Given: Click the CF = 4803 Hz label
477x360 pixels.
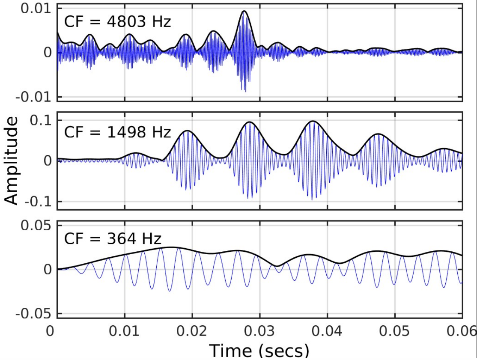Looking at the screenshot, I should coord(117,21).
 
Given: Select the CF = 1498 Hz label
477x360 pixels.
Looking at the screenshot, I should coord(117,131).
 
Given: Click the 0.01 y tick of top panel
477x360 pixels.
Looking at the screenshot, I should coord(37,9).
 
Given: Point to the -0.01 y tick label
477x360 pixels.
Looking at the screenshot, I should coord(35,96).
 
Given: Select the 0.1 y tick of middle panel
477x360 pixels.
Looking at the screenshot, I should coord(40,120).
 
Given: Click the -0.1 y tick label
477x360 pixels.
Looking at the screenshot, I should coord(38,201).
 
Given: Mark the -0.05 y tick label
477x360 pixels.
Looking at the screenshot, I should coord(35,313).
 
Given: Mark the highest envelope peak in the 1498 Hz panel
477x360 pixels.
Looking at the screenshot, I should coord(313,121).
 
